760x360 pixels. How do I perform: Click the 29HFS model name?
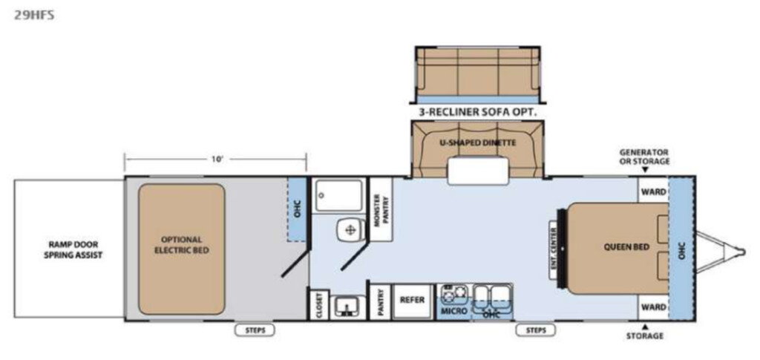[x=34, y=15]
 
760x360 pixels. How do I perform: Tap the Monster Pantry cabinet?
[x=381, y=209]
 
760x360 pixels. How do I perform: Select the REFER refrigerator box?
[x=413, y=301]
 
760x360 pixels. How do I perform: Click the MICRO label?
[x=455, y=310]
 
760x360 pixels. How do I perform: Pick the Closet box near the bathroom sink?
[x=319, y=305]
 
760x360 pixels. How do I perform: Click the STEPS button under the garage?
[x=255, y=330]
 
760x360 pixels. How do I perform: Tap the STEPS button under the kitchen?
[x=536, y=330]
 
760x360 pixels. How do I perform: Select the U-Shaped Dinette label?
[x=477, y=143]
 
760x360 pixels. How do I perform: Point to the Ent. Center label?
[x=553, y=250]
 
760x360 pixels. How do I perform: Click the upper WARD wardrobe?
[x=653, y=191]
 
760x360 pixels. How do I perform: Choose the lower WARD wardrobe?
[x=653, y=307]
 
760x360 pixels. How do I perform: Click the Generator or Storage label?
[x=644, y=157]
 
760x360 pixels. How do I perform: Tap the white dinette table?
[x=479, y=172]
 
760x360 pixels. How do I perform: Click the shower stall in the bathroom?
[x=338, y=194]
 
